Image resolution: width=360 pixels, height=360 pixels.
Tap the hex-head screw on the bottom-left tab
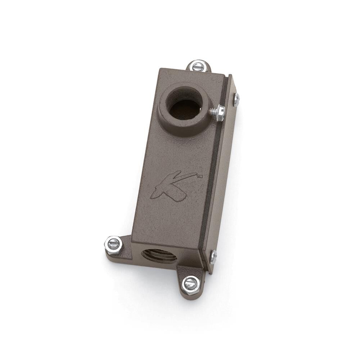point(113,244)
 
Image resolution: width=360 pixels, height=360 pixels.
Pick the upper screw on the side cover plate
point(236,99)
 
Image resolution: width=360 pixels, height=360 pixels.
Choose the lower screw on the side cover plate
point(213,256)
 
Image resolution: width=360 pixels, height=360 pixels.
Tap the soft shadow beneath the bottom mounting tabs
point(155,277)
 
